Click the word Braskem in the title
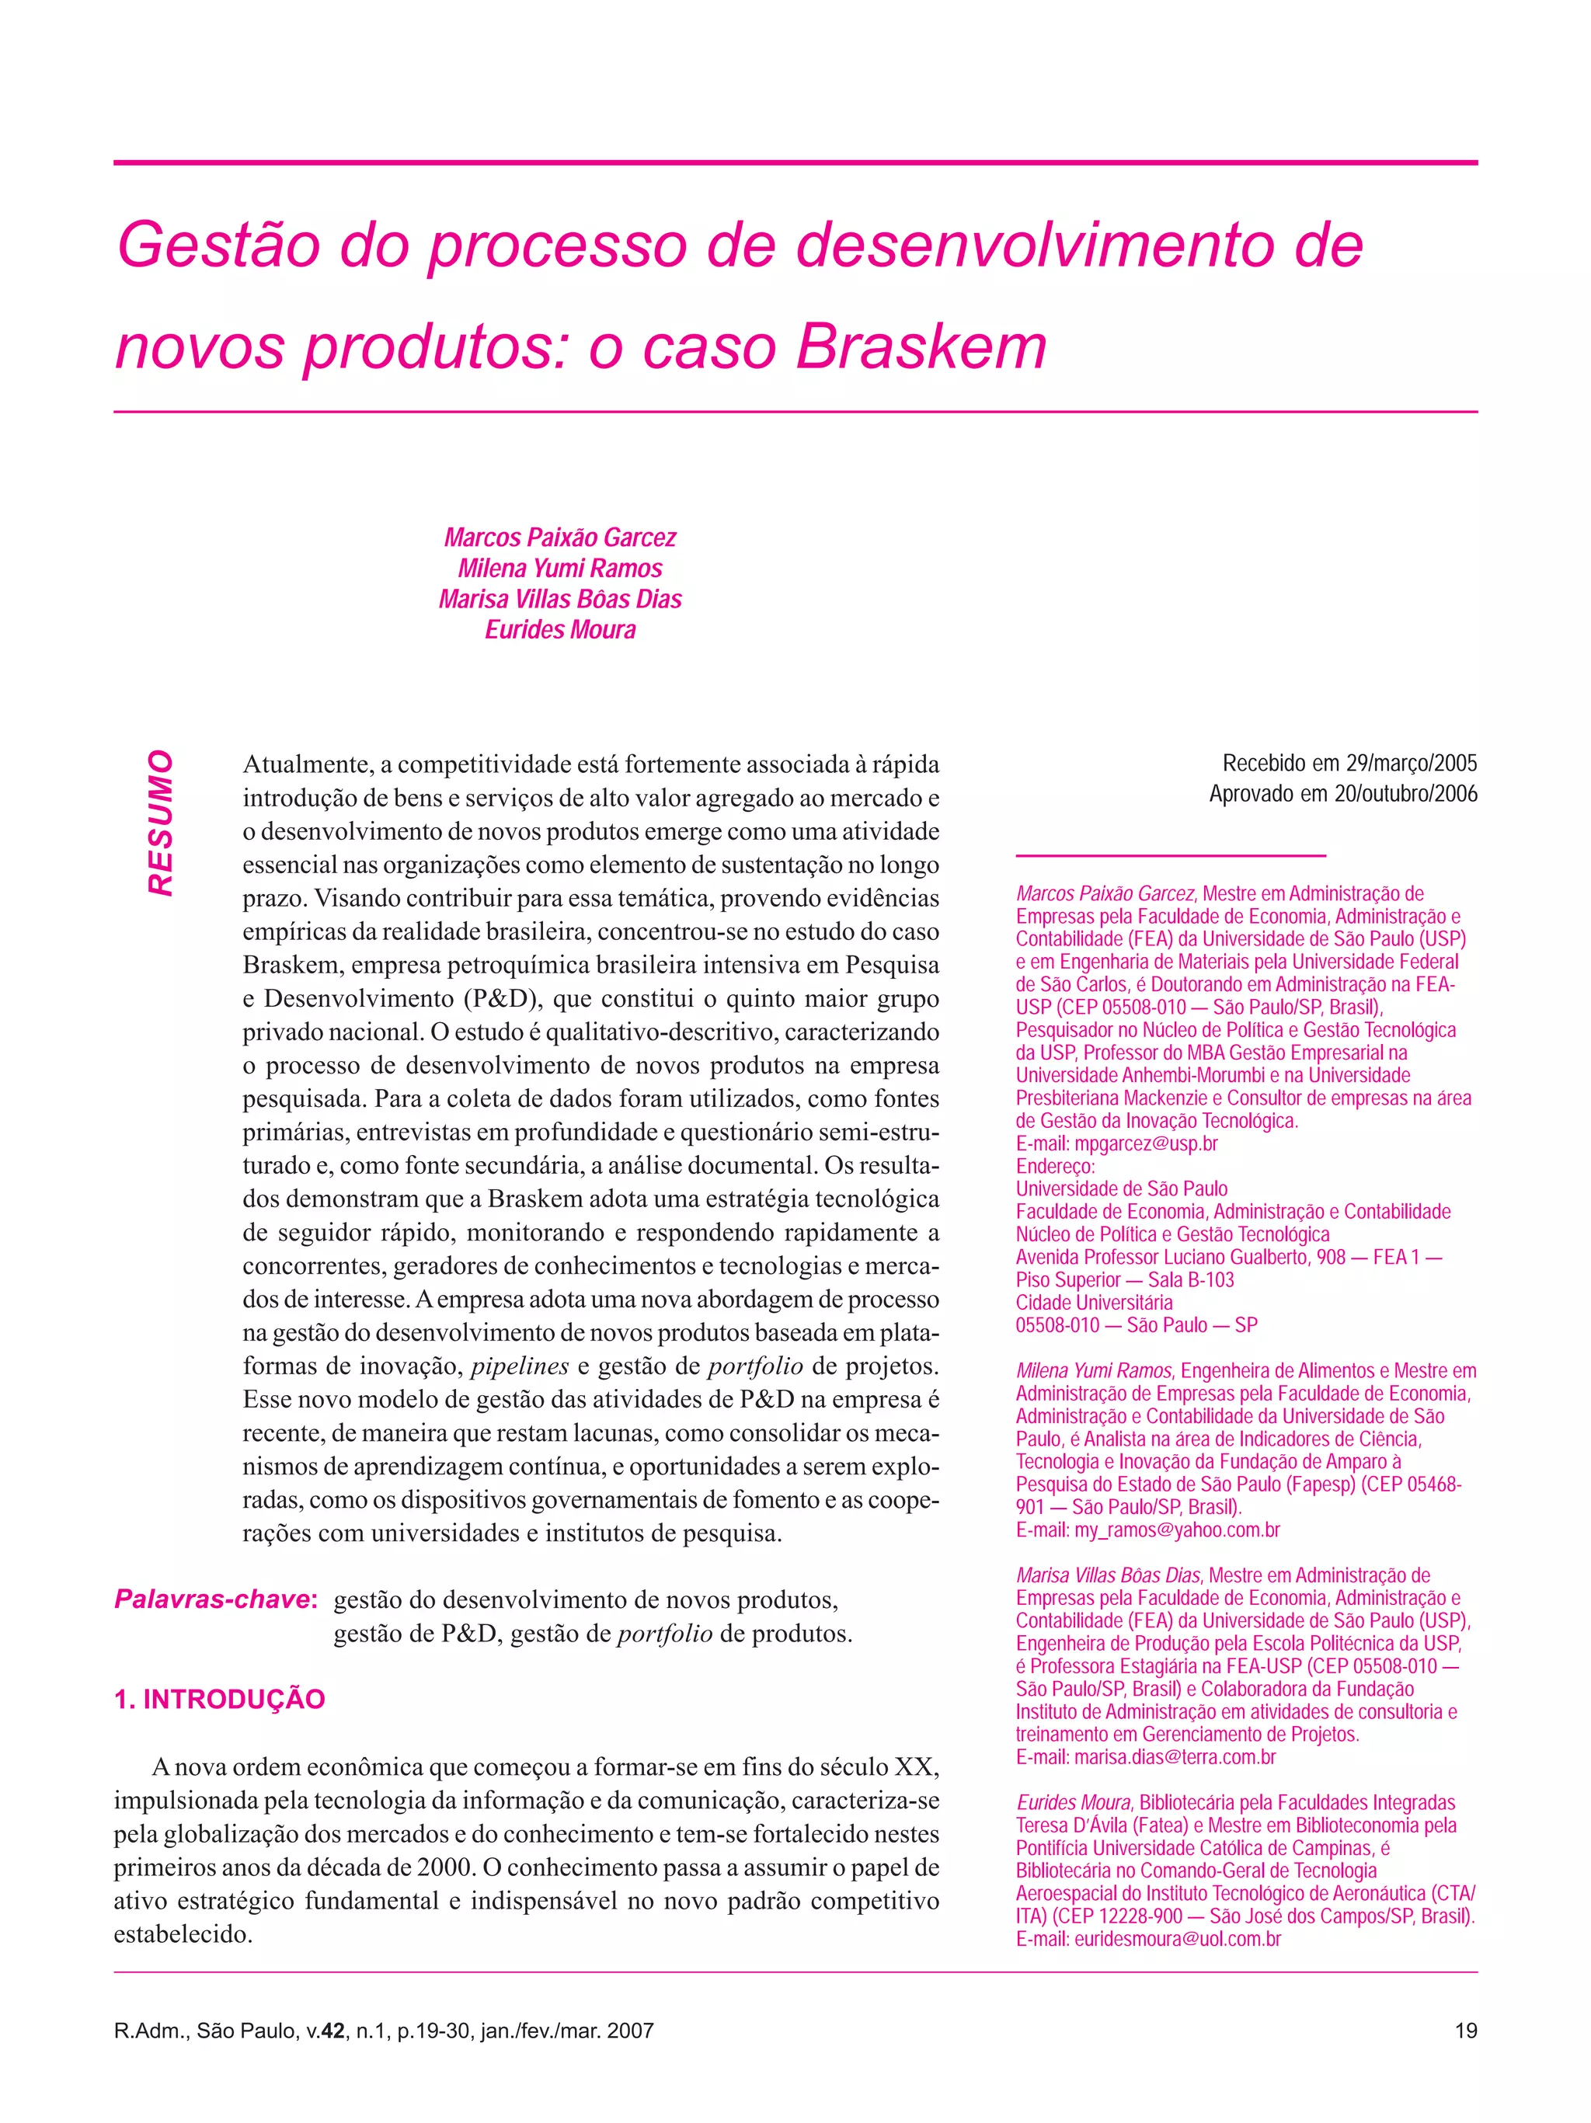coord(921,346)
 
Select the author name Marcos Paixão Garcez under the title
coord(559,538)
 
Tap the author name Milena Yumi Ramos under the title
coord(559,568)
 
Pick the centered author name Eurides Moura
coord(559,630)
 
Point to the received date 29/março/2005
coord(1412,763)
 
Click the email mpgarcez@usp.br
coord(1146,1143)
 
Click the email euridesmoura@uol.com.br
coord(1178,1939)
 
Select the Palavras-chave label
coord(215,1599)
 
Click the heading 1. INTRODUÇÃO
coord(220,1699)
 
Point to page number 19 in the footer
coord(1465,2030)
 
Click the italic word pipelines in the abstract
coord(519,1366)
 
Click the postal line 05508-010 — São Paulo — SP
coord(1137,1324)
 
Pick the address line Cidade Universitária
coord(1094,1303)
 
